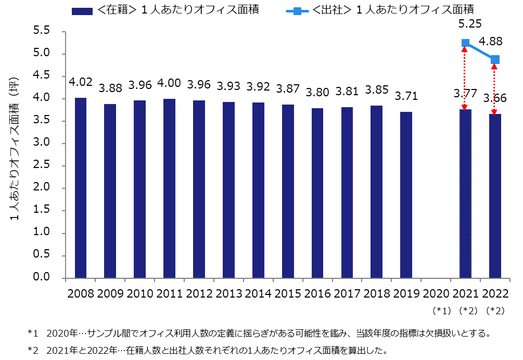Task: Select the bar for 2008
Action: (x=81, y=187)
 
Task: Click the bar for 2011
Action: (x=169, y=188)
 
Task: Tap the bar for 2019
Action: (x=406, y=195)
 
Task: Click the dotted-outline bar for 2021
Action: (x=465, y=193)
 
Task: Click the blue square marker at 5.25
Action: (x=465, y=43)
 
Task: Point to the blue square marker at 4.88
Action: (x=494, y=59)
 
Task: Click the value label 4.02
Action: (x=81, y=82)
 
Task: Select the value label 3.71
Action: (x=406, y=96)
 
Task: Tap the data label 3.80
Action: (x=317, y=92)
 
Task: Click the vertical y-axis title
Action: (x=15, y=151)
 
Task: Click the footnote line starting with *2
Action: (x=208, y=349)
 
